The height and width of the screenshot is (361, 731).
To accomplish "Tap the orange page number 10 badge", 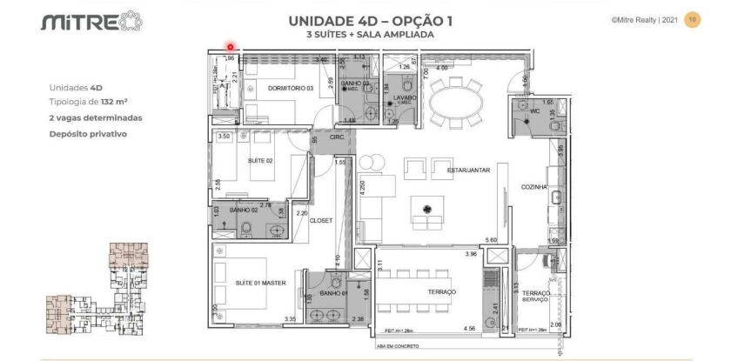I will point(693,18).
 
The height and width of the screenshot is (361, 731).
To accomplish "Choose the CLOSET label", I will point(321,220).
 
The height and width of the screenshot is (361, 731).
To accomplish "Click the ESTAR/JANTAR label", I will point(468,170).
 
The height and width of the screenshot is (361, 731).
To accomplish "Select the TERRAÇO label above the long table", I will point(440,292).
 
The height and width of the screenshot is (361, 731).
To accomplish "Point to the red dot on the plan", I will point(230,48).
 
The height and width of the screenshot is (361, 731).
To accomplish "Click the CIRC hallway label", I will point(337,137).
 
